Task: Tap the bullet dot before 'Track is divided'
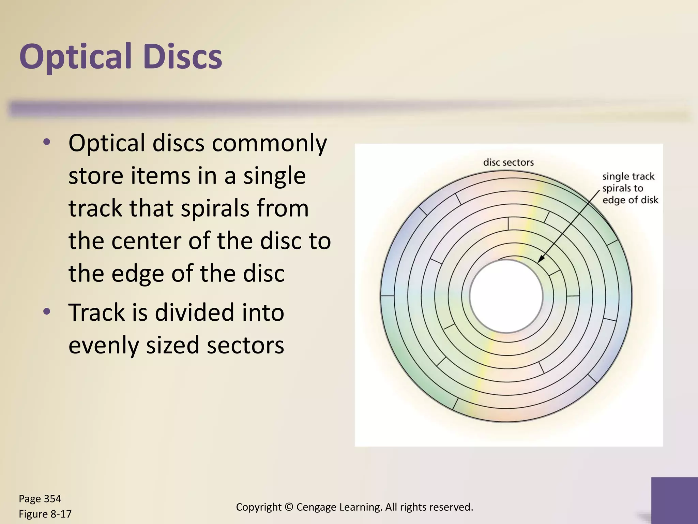point(47,311)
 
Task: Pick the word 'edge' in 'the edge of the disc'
point(138,274)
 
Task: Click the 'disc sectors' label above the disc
point(508,162)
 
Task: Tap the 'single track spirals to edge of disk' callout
point(630,188)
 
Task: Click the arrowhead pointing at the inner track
point(540,260)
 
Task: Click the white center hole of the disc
point(506,296)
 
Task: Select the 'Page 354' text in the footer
point(40,499)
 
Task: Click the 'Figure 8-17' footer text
point(45,514)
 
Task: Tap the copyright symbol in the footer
point(289,507)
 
